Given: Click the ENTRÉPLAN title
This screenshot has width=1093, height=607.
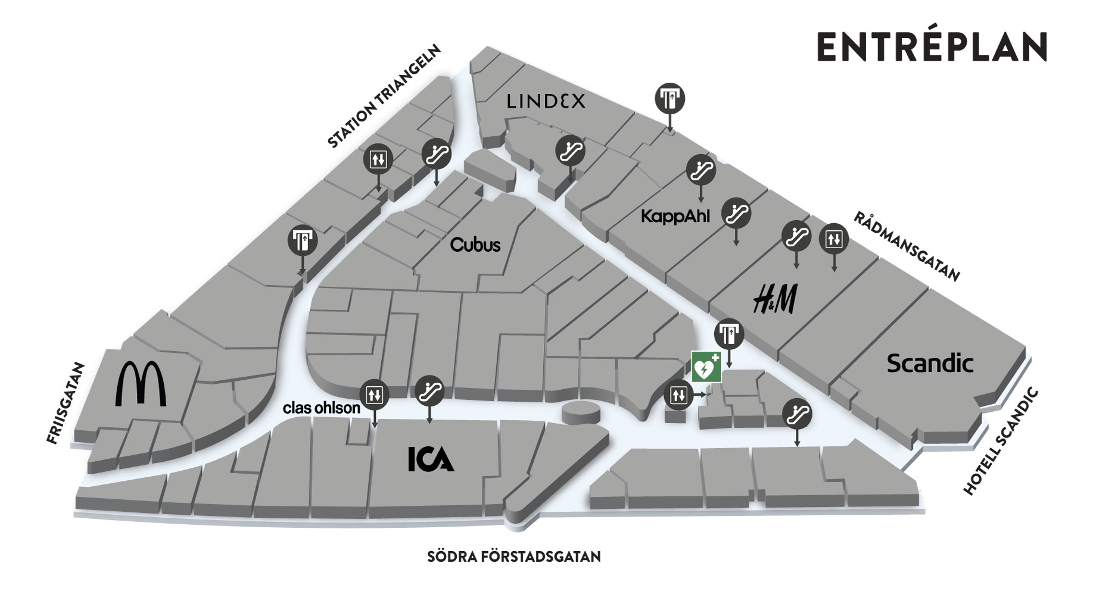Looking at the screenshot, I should coord(931,46).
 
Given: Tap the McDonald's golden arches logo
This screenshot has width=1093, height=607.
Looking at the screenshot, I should coord(141,384).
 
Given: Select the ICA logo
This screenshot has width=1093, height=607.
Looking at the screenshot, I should coord(431,459).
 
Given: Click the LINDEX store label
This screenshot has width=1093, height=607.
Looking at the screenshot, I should coord(546,102).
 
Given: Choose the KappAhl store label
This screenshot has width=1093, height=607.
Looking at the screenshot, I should coord(675,216).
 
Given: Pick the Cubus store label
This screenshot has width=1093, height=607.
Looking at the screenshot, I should coord(475,245).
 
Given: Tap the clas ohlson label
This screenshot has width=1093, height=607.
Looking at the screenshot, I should coord(322,408).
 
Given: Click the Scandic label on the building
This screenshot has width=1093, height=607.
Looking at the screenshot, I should coord(930,363).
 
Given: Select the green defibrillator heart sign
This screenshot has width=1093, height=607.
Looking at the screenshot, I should coord(706,367).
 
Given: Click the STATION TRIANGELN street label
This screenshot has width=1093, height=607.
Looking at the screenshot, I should coord(384,96).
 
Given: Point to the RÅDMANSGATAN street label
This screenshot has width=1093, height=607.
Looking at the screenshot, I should coord(907,246).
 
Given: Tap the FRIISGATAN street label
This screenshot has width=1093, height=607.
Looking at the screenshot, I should coord(66,403).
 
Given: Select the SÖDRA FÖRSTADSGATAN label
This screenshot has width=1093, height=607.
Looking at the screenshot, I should coord(514,557).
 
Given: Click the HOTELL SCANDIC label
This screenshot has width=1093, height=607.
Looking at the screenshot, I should coord(1001,442).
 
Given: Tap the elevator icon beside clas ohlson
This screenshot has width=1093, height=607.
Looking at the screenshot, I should coord(374,394).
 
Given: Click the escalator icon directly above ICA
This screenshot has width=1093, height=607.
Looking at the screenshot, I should coord(429,390).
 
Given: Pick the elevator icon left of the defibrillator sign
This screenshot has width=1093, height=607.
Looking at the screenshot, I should coord(678,395).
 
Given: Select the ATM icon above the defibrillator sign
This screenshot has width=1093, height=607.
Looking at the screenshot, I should coord(729,334).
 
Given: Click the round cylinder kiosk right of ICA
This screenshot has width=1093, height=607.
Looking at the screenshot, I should coord(581,412).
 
